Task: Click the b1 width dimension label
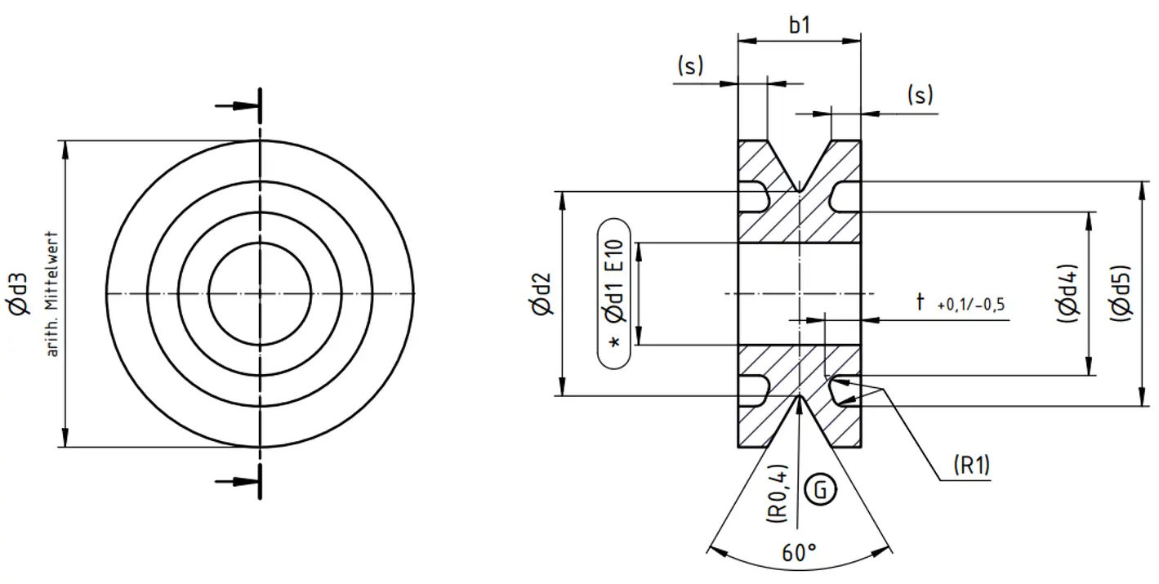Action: (800, 25)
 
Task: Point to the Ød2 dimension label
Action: (540, 294)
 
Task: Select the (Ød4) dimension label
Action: (1069, 294)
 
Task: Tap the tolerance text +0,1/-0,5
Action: (971, 305)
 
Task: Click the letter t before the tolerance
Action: (921, 302)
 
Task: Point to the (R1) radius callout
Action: (971, 465)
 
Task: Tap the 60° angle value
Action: (799, 553)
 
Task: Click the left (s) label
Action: (690, 66)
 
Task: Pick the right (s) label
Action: (920, 95)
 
